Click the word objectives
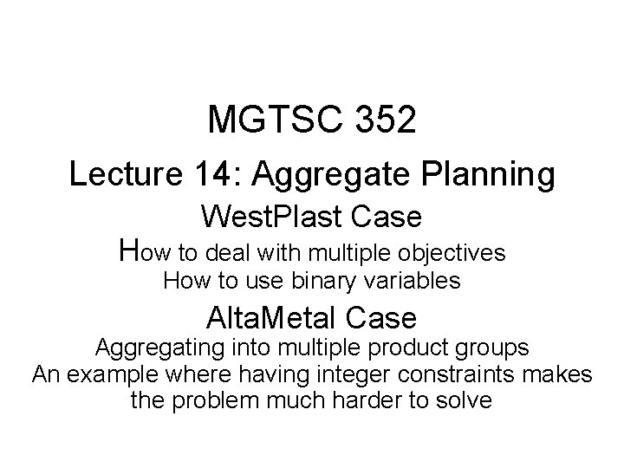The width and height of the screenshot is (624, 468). (452, 253)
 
